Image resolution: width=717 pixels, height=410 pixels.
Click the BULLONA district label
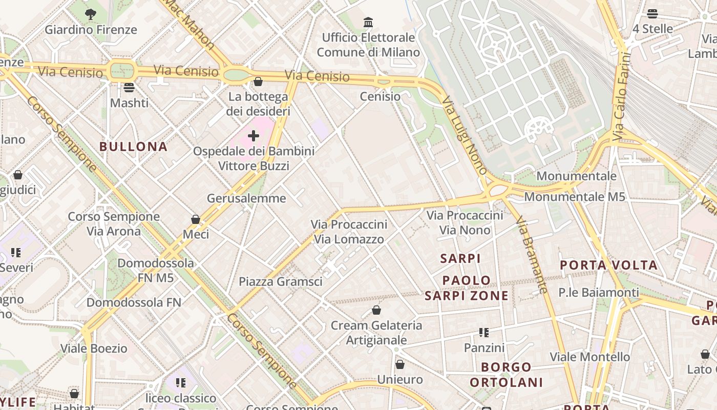[133, 147]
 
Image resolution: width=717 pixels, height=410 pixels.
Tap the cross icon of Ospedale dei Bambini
[254, 136]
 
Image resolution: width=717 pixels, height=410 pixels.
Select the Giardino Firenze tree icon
[91, 14]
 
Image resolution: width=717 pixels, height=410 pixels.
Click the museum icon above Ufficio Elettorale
[368, 22]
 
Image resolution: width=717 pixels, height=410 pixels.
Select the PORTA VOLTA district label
[608, 265]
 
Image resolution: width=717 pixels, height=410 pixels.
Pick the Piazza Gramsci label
[281, 281]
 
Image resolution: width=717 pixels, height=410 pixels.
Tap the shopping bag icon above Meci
[196, 219]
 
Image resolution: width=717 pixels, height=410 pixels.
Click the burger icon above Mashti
[129, 88]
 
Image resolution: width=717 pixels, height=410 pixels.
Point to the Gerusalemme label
[246, 198]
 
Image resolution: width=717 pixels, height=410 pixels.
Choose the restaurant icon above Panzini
[484, 333]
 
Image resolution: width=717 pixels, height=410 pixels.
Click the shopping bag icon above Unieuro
[400, 364]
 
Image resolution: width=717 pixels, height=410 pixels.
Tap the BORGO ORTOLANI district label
[507, 375]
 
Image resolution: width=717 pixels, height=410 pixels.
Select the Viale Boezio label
[94, 348]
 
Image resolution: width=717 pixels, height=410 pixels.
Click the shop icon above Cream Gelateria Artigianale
[376, 310]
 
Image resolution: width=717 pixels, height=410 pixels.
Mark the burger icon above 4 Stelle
[652, 13]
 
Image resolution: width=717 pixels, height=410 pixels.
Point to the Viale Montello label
[590, 357]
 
